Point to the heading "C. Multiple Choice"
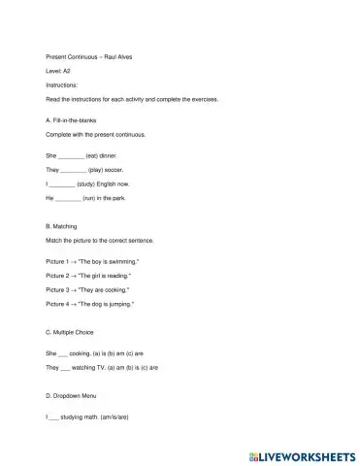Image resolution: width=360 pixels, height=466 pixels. tap(77, 332)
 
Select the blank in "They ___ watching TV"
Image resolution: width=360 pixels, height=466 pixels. tap(66, 368)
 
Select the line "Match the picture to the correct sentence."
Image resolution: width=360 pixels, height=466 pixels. tap(100, 240)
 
